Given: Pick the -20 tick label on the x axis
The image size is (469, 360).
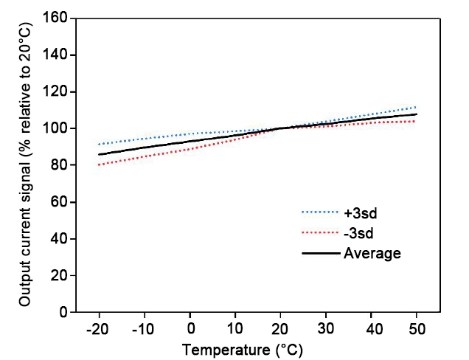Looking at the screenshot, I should tap(98, 328).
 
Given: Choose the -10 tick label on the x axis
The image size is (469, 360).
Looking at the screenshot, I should tap(144, 328).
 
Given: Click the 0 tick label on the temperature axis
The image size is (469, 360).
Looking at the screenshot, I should tap(190, 328).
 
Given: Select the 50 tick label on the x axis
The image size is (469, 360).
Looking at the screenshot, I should tap(417, 328).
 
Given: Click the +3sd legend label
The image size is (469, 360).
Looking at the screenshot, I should tap(359, 213).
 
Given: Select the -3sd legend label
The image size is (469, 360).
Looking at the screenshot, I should tap(358, 233).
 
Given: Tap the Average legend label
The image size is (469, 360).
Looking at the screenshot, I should tap(372, 253).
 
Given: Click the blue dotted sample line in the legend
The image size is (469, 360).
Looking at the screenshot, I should tap(320, 213).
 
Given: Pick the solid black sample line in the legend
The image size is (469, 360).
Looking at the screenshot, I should tap(320, 253).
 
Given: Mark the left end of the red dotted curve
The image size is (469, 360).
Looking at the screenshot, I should tap(98, 165).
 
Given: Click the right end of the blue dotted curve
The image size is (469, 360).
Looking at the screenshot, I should tap(417, 107).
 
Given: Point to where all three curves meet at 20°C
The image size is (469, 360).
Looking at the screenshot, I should tap(281, 128).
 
